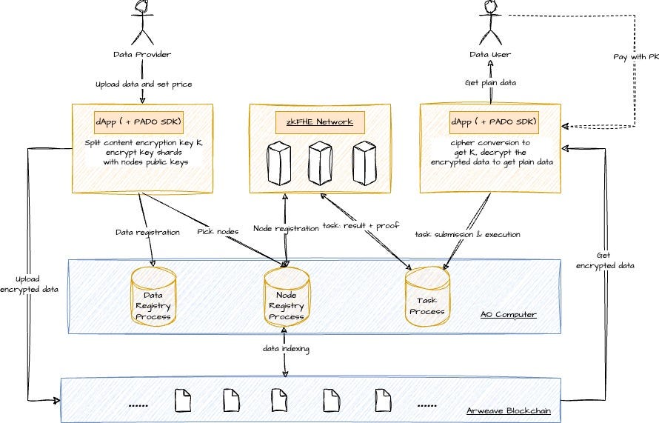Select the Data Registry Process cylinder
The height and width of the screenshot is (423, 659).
tap(153, 296)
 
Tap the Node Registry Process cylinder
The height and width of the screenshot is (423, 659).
tap(286, 296)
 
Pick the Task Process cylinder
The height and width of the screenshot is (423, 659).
tap(427, 296)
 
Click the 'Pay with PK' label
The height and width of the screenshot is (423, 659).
tap(635, 56)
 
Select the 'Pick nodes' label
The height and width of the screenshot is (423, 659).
tap(218, 232)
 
